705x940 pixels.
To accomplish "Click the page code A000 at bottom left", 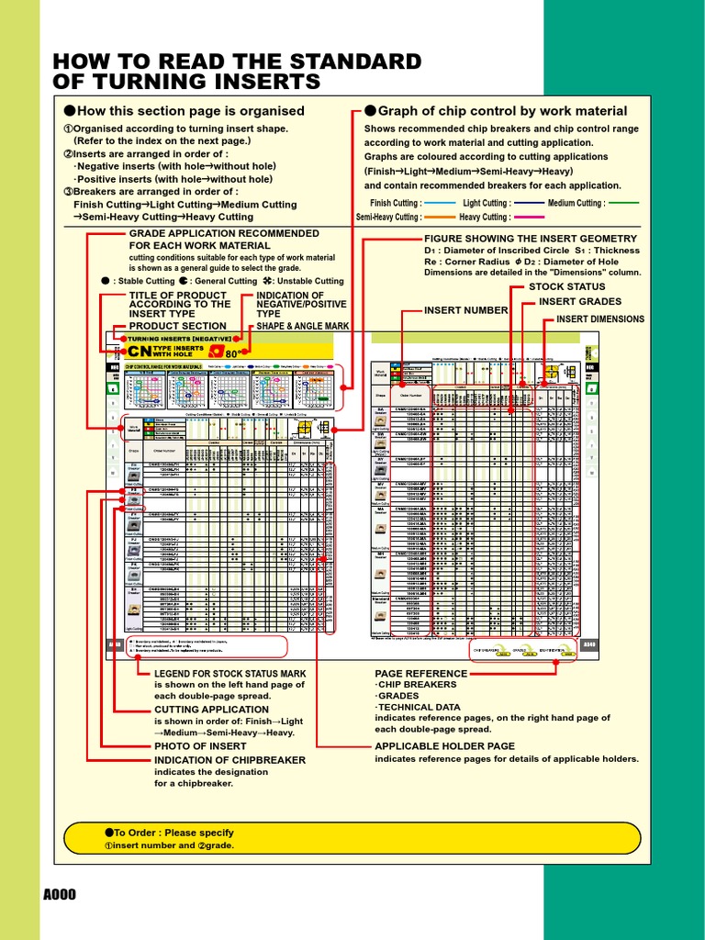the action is click(59, 895).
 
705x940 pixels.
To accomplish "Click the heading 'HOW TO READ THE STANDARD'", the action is click(238, 62).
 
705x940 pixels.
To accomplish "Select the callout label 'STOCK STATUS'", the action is click(566, 287).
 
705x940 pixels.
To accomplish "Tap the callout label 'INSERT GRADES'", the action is click(579, 301).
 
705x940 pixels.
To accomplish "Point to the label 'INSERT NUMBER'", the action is click(465, 310).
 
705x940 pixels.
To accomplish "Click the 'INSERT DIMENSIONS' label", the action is click(600, 319).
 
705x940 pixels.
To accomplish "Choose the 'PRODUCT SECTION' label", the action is click(177, 326).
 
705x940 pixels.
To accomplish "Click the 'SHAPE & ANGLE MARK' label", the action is click(303, 326).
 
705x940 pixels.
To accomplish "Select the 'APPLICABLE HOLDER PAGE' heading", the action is click(444, 746).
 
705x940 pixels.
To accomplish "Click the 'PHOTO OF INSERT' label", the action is click(199, 747).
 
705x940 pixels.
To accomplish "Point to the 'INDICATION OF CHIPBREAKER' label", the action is click(229, 760).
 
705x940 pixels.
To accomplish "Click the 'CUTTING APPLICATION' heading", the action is click(211, 710).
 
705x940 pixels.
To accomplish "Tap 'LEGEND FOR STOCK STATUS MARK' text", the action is click(229, 673).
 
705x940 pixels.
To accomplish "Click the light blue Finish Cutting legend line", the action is click(441, 203).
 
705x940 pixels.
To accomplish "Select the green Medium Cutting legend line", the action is click(623, 203).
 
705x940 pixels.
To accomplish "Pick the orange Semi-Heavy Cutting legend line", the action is click(441, 218).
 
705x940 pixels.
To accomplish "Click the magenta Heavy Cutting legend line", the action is click(529, 218).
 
